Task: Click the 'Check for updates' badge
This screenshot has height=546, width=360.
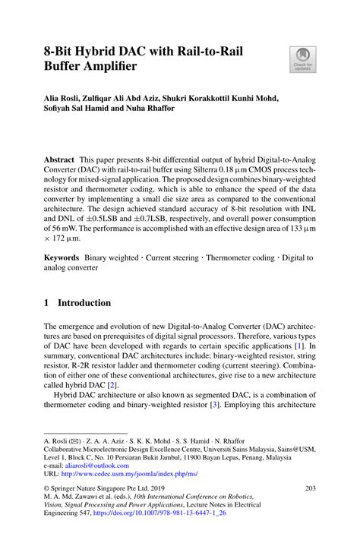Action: click(x=303, y=59)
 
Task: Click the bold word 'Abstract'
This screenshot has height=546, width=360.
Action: click(x=58, y=161)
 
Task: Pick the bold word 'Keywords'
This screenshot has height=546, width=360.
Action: click(x=62, y=258)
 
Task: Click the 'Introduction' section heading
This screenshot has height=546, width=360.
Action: click(x=84, y=303)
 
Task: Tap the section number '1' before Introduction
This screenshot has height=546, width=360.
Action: click(x=47, y=303)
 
